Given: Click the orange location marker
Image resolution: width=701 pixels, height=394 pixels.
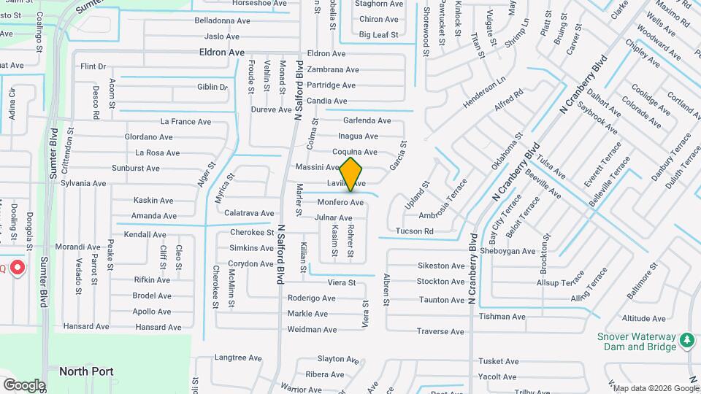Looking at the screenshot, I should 350,174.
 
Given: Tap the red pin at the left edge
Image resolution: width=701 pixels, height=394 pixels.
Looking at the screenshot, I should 17,269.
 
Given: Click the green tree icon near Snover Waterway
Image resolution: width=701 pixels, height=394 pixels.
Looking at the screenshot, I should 686,340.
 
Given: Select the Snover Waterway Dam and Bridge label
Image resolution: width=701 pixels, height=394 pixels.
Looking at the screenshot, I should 637,341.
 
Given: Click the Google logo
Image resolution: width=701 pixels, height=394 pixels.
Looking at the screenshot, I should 24,385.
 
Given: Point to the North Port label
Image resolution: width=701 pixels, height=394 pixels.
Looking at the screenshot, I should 86,371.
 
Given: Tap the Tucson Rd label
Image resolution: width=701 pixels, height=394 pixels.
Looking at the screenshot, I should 414,231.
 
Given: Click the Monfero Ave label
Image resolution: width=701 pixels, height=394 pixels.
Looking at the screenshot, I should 340,202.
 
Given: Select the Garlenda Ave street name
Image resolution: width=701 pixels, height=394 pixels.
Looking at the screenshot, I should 367,120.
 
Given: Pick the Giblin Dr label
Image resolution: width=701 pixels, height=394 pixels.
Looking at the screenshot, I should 212,87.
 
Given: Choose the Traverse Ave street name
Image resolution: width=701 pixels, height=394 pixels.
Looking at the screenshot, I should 440,331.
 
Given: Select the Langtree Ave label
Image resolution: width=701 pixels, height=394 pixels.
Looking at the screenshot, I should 238,358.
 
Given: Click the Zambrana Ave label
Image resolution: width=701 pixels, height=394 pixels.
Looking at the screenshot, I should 333,70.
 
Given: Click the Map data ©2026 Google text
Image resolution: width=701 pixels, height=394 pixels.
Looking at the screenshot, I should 655,388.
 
